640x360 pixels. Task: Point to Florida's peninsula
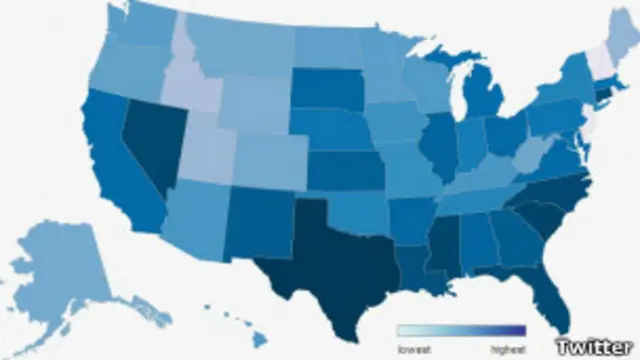[x=549, y=300]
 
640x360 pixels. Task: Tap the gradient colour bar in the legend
[x=460, y=331]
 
